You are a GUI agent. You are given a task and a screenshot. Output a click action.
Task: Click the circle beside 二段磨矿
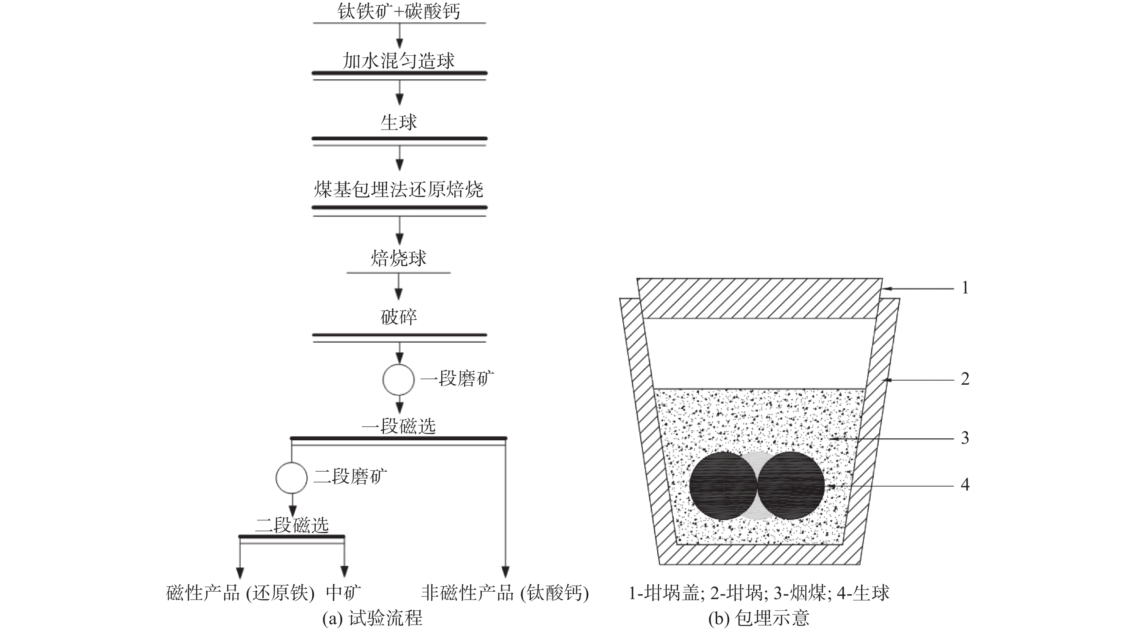(292, 478)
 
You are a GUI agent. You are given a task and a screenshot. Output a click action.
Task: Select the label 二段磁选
(292, 525)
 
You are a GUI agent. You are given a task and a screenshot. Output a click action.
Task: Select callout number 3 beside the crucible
(965, 438)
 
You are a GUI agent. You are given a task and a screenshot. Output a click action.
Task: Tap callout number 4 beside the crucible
(965, 485)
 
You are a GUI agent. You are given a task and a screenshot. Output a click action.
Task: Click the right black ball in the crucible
(791, 485)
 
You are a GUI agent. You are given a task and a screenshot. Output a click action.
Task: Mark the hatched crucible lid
(759, 299)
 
